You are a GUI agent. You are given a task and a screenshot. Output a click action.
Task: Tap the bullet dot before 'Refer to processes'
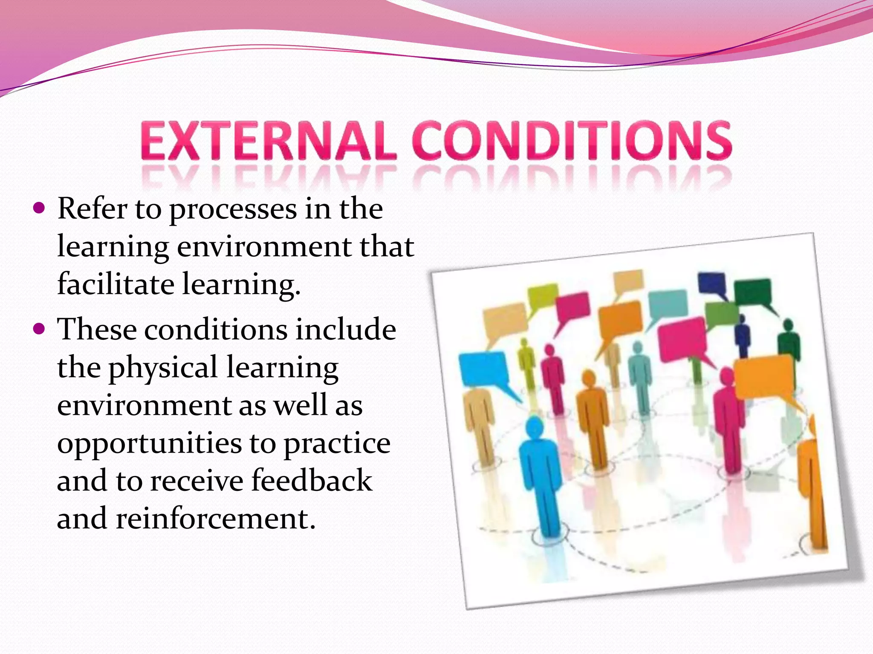coord(39,209)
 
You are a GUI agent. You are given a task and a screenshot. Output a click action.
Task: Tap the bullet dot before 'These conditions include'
coord(39,329)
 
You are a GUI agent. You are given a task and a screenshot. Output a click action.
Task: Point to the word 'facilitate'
coord(116,284)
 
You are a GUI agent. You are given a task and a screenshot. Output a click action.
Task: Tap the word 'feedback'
coord(312,480)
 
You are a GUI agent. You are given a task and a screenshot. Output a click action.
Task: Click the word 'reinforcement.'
coord(216,519)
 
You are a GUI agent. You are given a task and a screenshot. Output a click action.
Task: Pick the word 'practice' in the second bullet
coord(337,444)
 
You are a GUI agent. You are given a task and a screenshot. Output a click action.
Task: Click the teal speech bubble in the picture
coord(668,303)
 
